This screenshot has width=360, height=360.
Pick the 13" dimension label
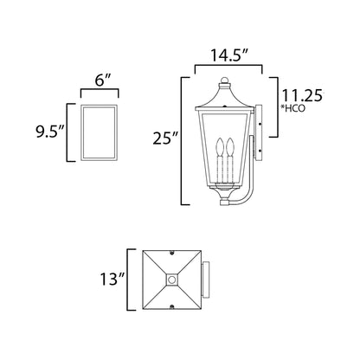112,280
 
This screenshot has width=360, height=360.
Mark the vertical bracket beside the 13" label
130,280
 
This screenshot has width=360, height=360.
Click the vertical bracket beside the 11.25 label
276,107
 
